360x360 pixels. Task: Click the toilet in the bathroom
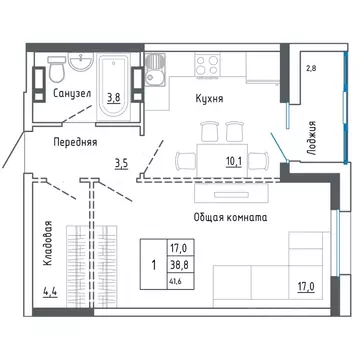[57, 69]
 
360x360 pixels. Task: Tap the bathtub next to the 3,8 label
[113, 87]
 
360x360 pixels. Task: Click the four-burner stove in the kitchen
[207, 65]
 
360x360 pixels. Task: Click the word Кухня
[209, 99]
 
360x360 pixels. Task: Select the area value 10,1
[233, 162]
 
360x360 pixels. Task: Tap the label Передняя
[75, 143]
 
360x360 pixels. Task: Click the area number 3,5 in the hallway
[122, 164]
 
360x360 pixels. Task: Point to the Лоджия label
[312, 138]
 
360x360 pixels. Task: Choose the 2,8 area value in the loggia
[311, 69]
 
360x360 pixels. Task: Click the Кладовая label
[48, 243]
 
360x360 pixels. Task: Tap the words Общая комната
[230, 218]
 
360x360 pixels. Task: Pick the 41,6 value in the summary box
[174, 281]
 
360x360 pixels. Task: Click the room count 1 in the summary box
[154, 265]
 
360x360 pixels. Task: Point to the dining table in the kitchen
[222, 160]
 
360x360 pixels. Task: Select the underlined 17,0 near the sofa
[306, 286]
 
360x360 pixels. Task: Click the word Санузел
[72, 94]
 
